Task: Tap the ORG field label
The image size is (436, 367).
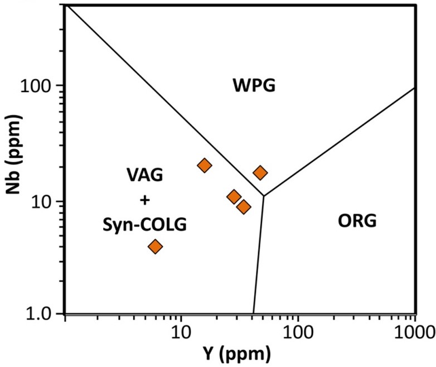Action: (357, 221)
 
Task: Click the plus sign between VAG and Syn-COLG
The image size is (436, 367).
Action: (144, 200)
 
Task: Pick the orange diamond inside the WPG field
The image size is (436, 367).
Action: (260, 173)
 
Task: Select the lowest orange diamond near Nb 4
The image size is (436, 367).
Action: (155, 247)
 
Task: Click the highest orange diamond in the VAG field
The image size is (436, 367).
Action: (205, 165)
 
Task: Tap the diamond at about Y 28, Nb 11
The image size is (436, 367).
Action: (234, 197)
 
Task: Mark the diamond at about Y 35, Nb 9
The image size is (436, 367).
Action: (244, 207)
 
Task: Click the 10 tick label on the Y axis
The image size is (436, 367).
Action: (179, 334)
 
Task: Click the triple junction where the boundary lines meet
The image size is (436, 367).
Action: (263, 196)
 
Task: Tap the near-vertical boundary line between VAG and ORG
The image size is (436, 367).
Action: (258, 257)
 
